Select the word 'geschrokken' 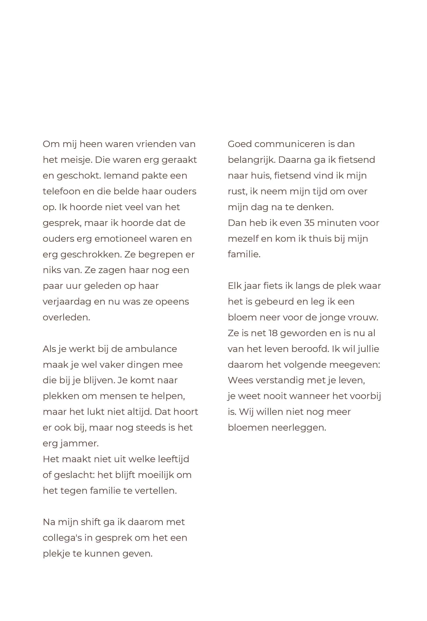(91, 254)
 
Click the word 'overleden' (66, 317)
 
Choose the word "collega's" (62, 538)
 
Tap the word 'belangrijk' (251, 160)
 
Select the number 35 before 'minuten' (310, 223)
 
